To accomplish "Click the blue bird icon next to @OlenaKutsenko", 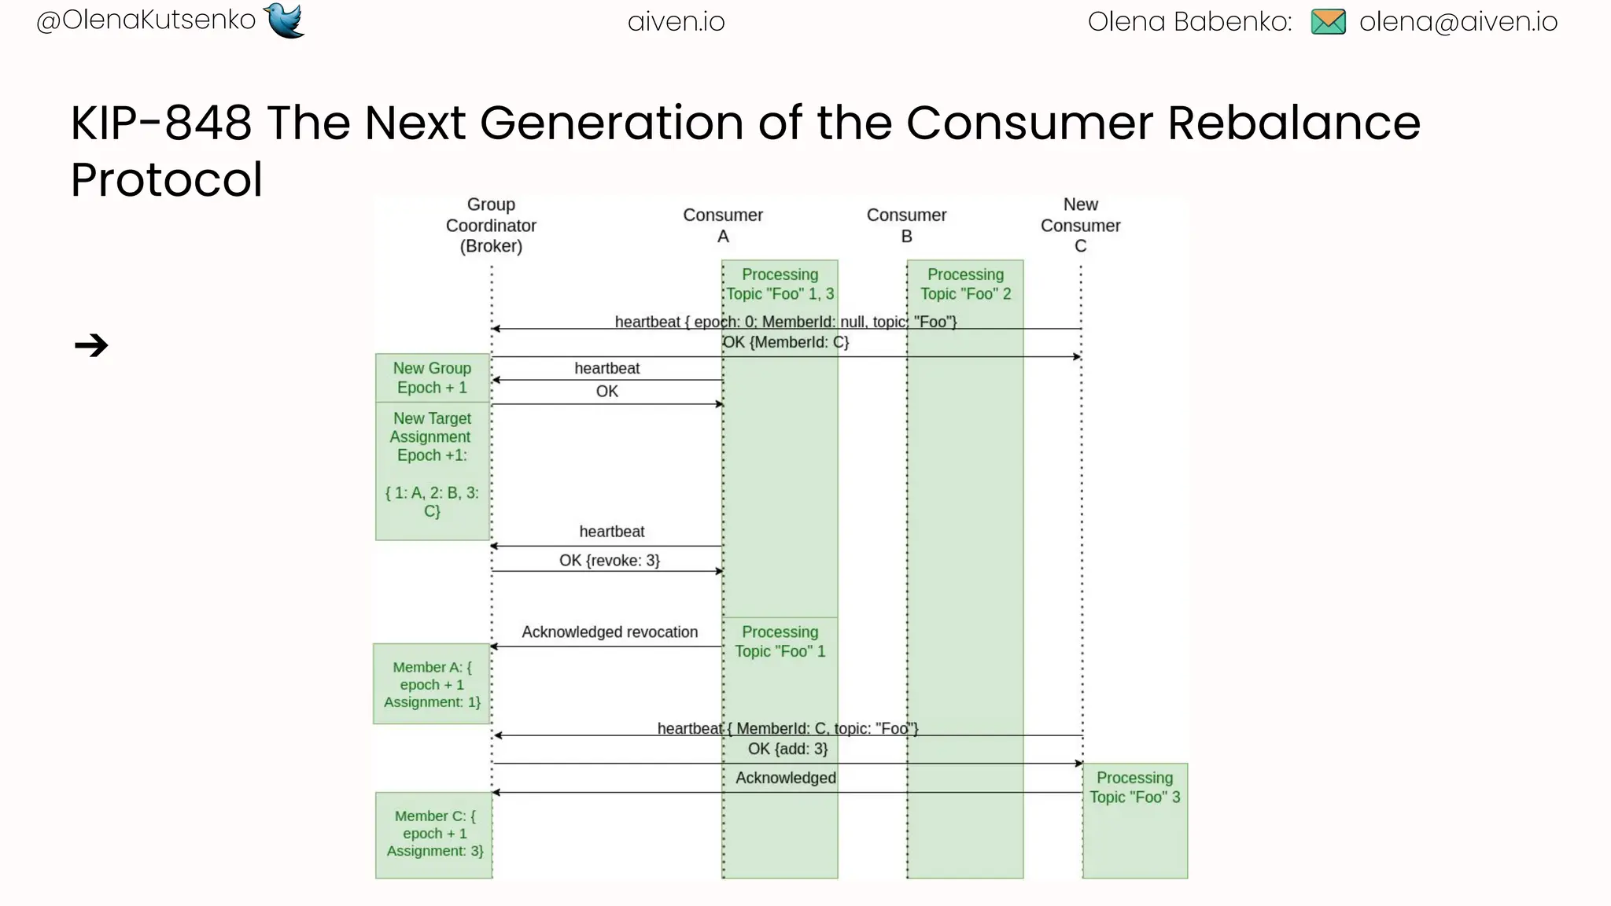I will coord(284,20).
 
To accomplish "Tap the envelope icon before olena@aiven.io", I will coord(1328,22).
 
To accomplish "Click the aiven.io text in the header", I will coord(676,22).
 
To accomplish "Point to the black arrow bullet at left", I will coord(91,345).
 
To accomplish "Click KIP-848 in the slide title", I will coord(160,123).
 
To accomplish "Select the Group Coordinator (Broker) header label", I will coord(491,226).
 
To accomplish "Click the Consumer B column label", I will coord(906,226).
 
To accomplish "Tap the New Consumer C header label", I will coord(1080,226).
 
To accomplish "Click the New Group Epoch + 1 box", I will coord(432,378).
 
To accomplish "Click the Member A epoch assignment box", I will coord(432,684).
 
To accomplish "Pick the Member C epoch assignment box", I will coord(434,834).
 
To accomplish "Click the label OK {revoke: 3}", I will coord(610,560).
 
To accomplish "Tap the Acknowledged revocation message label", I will coord(610,632).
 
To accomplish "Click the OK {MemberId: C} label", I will coord(786,342).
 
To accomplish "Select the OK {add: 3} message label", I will coord(787,749).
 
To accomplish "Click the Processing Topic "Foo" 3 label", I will coord(1134,787).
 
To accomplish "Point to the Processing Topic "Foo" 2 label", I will coord(965,284).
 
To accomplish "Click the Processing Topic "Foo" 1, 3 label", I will coord(780,284).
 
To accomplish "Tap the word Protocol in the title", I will coord(166,180).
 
